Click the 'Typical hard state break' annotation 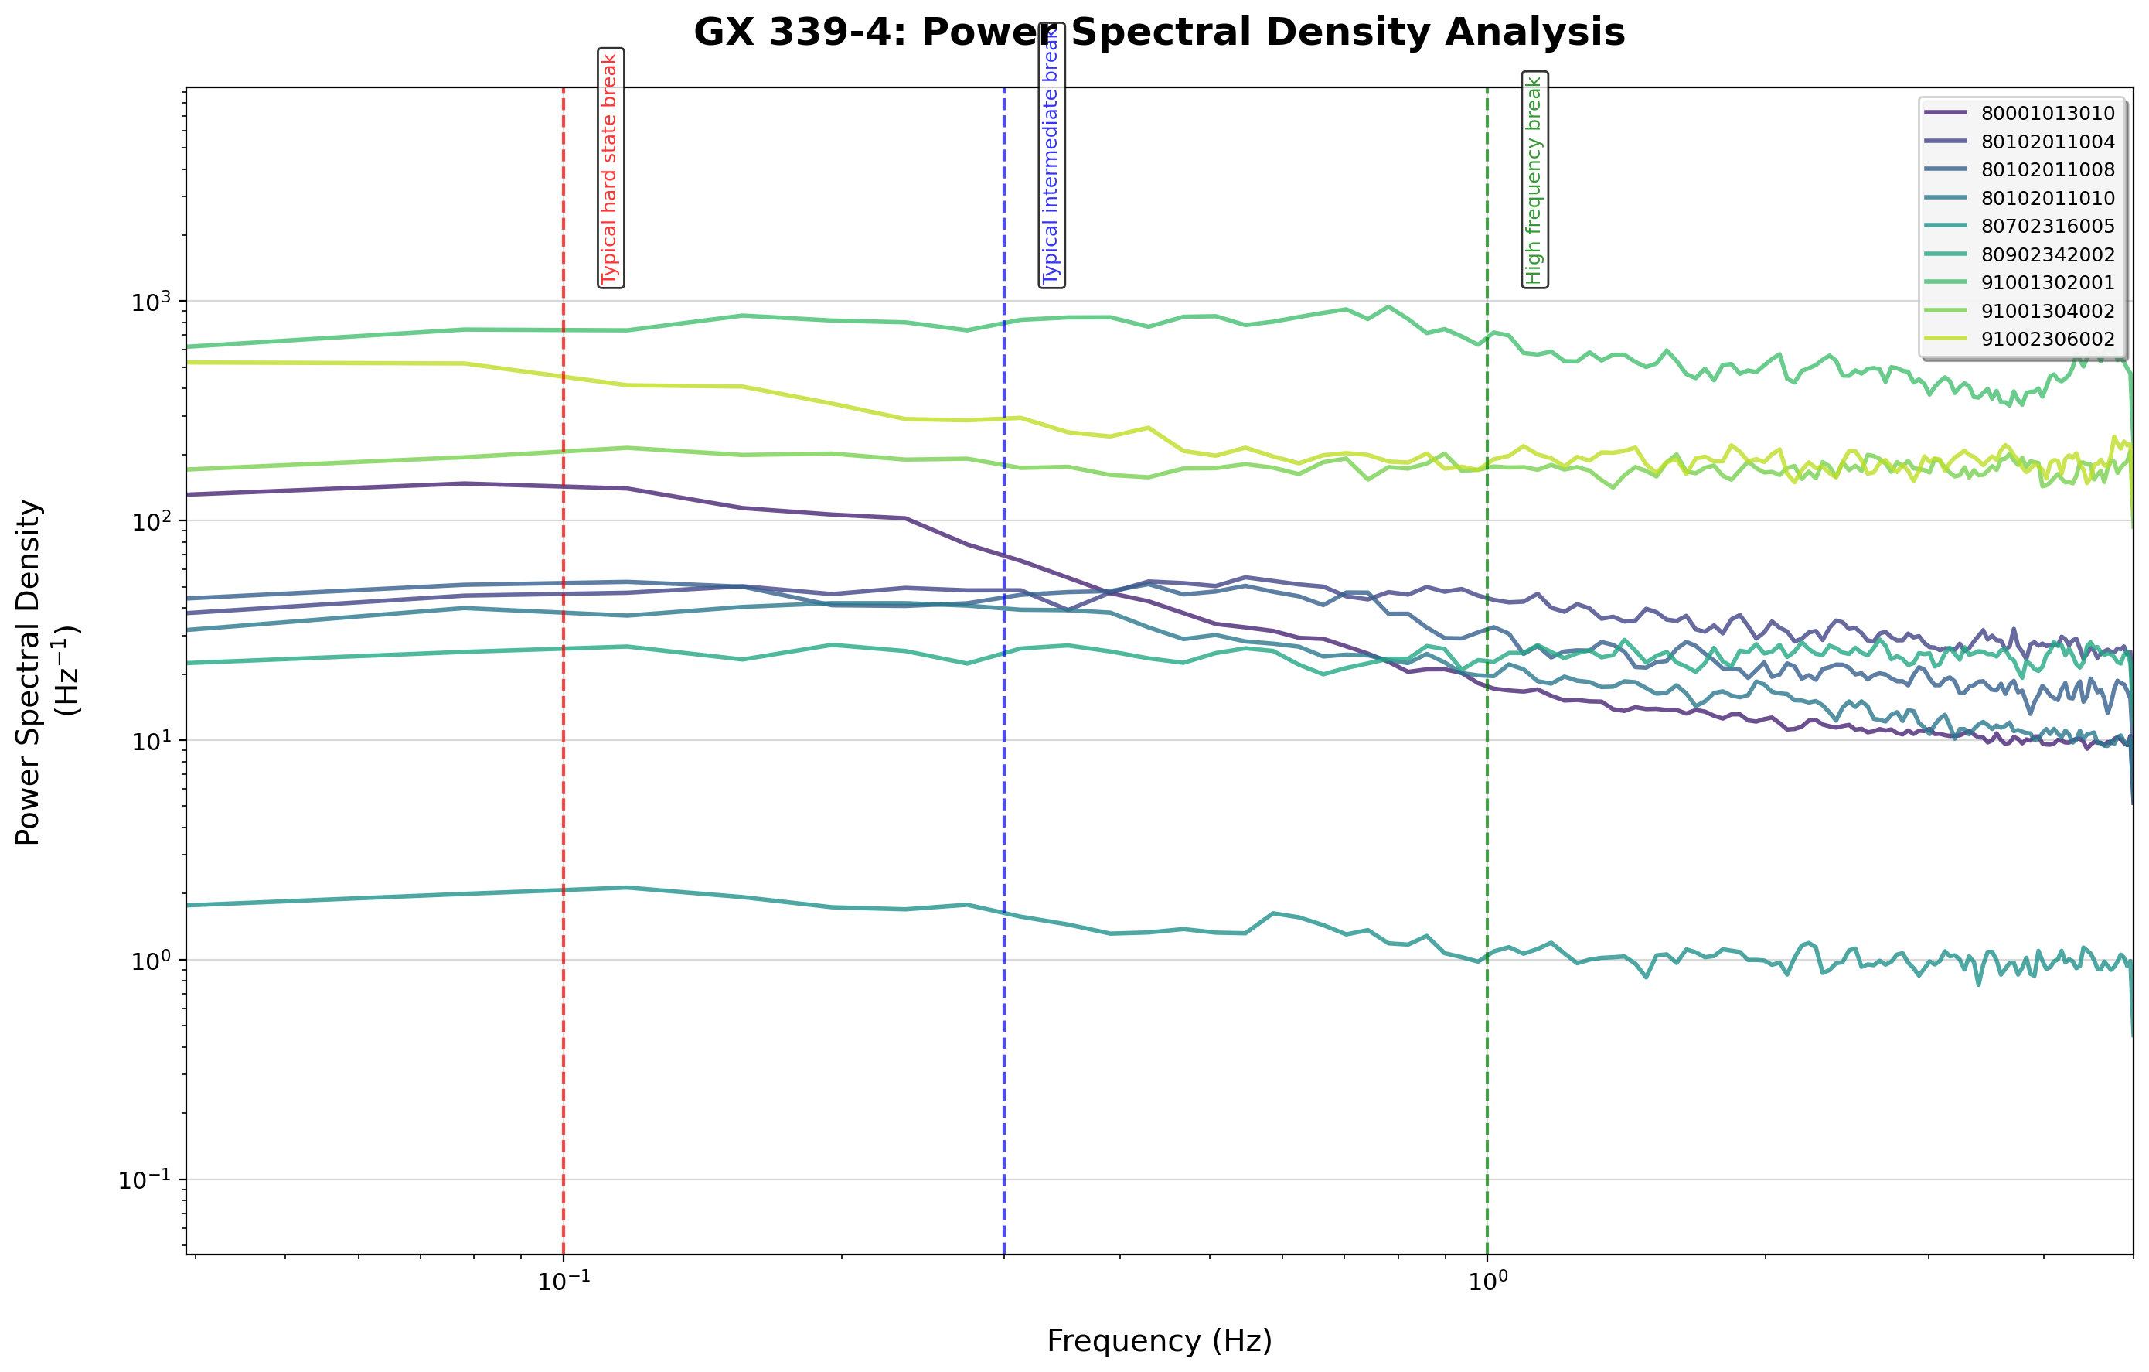[610, 169]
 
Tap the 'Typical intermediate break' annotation [1051, 155]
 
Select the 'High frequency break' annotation [1534, 179]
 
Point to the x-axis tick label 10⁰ [1487, 1282]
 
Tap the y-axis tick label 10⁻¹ [145, 1180]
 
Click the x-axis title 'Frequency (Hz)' [1160, 1342]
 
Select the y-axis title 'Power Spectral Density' [29, 671]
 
